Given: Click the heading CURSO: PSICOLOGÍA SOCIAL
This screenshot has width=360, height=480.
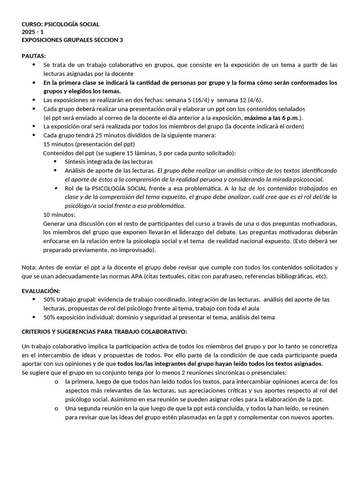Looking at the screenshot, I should pyautogui.click(x=60, y=24).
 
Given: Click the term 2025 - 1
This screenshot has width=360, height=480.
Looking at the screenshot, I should pyautogui.click(x=33, y=32).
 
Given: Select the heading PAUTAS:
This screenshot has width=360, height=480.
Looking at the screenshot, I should pyautogui.click(x=34, y=56).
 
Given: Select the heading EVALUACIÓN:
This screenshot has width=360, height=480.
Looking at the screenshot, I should pyautogui.click(x=41, y=291).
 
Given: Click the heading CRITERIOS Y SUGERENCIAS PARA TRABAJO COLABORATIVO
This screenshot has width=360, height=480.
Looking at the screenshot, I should pyautogui.click(x=104, y=332).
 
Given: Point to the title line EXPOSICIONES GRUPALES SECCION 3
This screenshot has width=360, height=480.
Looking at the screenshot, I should pyautogui.click(x=72, y=40).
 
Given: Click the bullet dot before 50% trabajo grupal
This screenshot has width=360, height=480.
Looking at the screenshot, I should pyautogui.click(x=34, y=300).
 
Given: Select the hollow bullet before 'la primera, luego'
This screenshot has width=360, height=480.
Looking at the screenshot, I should pyautogui.click(x=56, y=382).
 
